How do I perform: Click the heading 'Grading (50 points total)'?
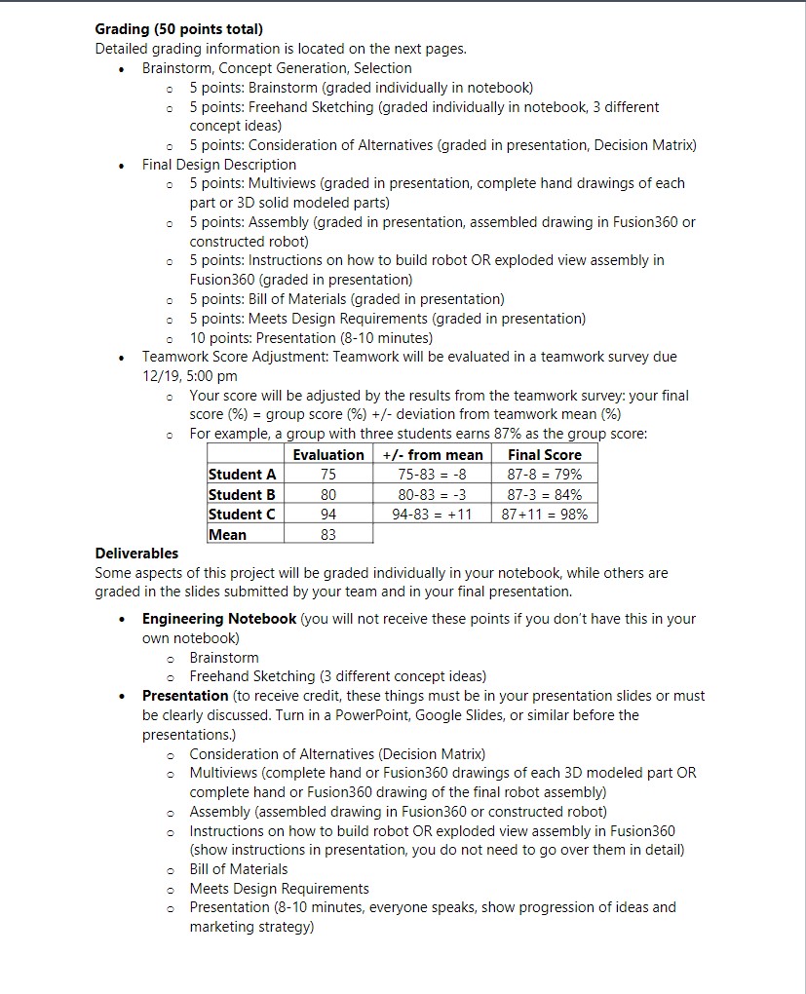click(x=178, y=29)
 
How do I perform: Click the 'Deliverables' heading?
click(x=136, y=553)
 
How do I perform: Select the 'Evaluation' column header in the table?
click(x=328, y=454)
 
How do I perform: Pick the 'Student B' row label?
click(x=242, y=494)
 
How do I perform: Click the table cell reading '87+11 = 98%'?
click(x=544, y=515)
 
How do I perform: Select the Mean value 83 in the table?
click(x=327, y=534)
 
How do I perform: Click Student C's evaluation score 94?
click(x=327, y=515)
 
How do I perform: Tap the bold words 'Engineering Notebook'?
click(x=219, y=619)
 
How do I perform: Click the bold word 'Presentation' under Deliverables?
click(x=185, y=696)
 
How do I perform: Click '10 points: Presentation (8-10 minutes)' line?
click(x=311, y=338)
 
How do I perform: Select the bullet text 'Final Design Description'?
click(x=219, y=165)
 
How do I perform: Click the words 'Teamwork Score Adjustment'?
click(x=234, y=357)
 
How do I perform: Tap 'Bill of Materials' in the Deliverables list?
click(x=239, y=869)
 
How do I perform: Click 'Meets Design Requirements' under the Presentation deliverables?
click(x=279, y=889)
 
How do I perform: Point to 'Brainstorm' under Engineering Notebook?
click(x=224, y=658)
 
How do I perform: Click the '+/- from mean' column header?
click(x=432, y=454)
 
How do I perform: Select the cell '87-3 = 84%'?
click(x=544, y=494)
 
